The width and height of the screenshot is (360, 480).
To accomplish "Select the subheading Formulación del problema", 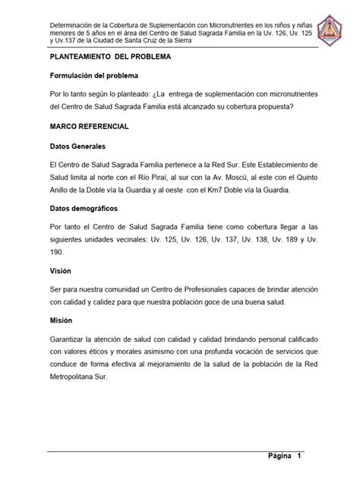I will pos(94,77).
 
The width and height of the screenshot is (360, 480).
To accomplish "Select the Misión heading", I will pos(60,321).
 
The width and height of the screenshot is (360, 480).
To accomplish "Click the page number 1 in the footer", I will pos(301,456).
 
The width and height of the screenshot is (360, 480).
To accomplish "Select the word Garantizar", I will pos(71,341).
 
